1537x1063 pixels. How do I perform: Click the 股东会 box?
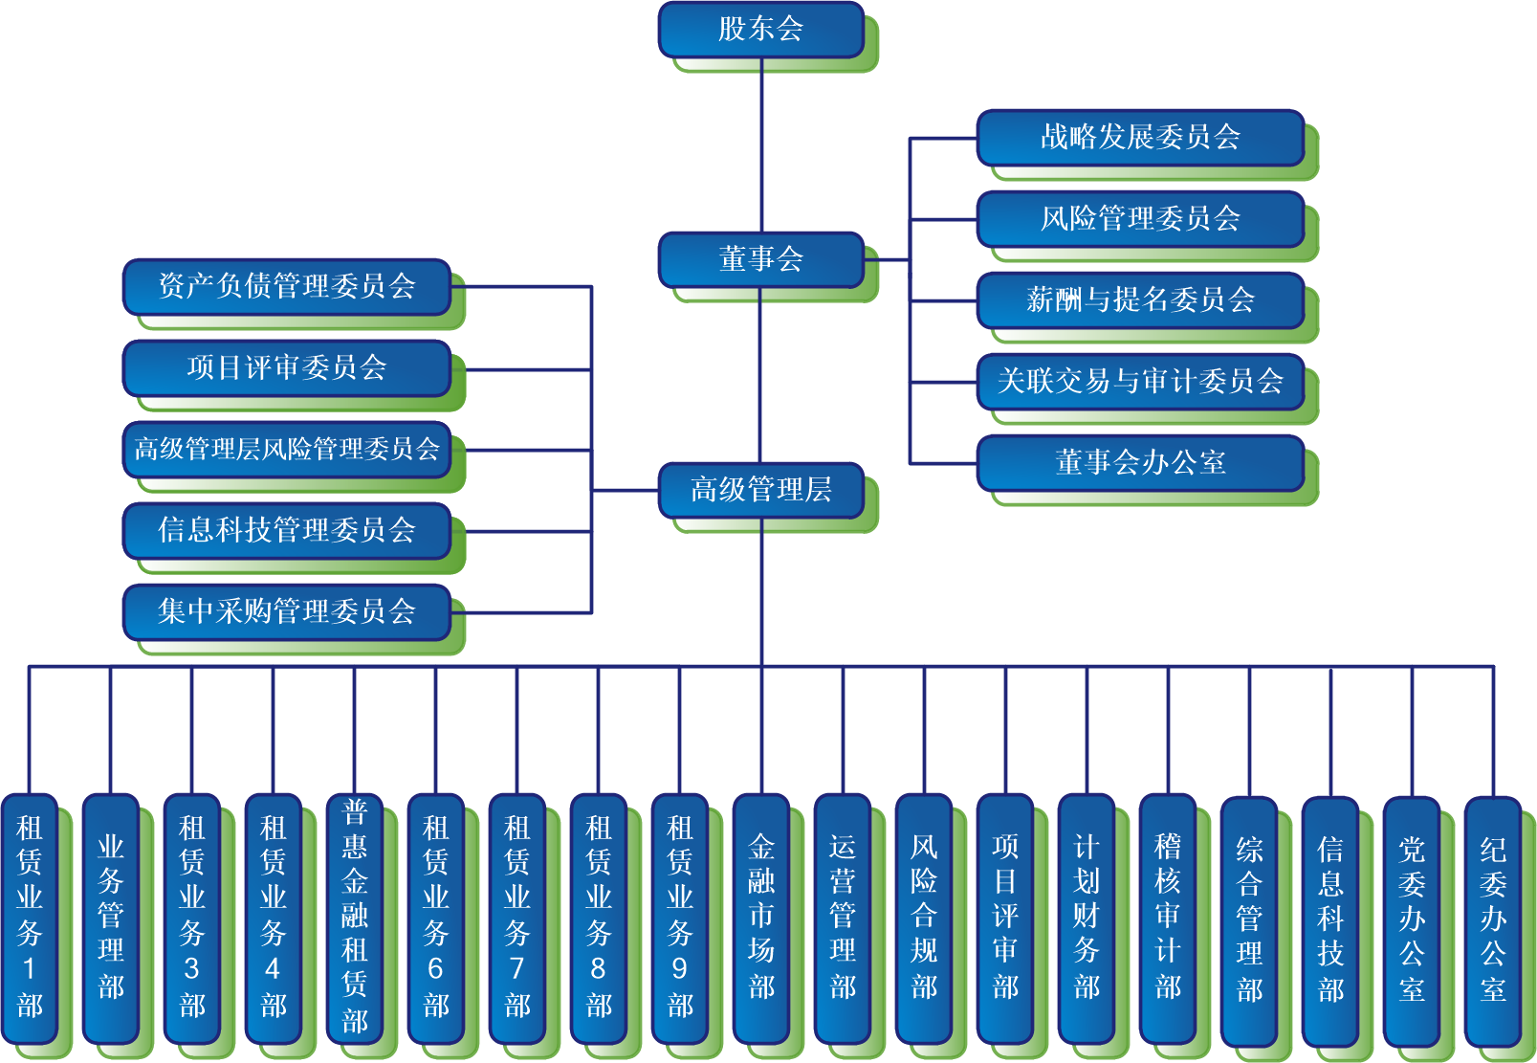(760, 30)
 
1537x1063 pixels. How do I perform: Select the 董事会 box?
(760, 259)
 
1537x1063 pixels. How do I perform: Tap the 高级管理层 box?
(760, 490)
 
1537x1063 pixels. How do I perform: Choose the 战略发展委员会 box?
(1140, 138)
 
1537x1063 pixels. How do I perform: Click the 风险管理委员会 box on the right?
(1140, 219)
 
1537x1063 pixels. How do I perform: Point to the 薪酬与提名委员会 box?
(1140, 300)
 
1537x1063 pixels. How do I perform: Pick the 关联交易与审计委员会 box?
(1140, 382)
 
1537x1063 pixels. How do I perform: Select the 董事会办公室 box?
(1140, 463)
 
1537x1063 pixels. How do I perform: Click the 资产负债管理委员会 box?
(286, 286)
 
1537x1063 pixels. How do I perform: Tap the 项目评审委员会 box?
(286, 367)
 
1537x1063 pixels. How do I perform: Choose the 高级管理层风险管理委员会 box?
(286, 449)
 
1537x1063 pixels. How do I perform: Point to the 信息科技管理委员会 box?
(286, 530)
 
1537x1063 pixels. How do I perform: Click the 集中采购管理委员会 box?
(286, 611)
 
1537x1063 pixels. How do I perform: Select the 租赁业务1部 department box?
(30, 917)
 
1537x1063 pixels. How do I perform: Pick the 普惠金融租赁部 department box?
(355, 917)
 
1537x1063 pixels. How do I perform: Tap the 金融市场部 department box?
(761, 917)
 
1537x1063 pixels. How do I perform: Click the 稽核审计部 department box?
(1168, 917)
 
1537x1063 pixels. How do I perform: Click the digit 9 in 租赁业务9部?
(680, 969)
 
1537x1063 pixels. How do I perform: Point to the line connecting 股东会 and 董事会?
(761, 144)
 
